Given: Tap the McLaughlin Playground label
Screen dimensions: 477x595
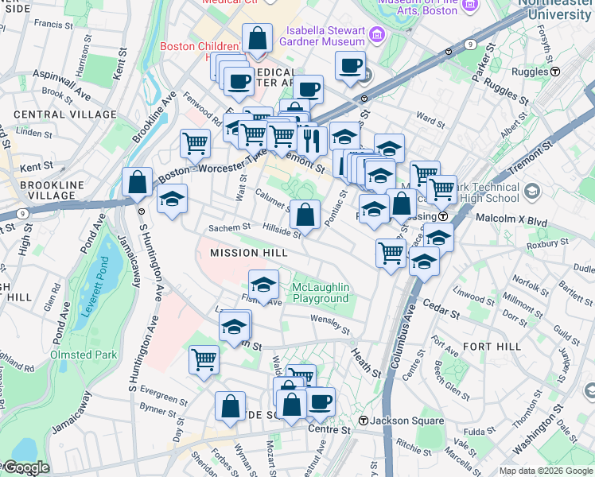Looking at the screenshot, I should coord(321,293).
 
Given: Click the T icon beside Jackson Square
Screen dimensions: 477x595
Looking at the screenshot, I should coord(362,420).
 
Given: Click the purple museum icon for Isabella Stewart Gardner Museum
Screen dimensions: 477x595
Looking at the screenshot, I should coord(376,33).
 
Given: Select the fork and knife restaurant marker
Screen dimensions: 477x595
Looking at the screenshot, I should coord(311,140).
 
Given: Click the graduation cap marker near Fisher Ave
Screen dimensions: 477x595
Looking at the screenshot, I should coord(263,284).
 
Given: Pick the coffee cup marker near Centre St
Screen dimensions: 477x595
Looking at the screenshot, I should coord(320,401).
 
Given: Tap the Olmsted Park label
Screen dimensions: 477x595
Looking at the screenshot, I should coord(84,355).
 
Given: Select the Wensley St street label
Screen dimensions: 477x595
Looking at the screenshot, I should coord(331,324).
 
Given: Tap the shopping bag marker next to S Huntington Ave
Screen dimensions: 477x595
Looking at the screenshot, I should coord(138,182).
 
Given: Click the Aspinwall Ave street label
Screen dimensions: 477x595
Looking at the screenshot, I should coord(62,84).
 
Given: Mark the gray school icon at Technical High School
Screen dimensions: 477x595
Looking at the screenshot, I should coord(532,191).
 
